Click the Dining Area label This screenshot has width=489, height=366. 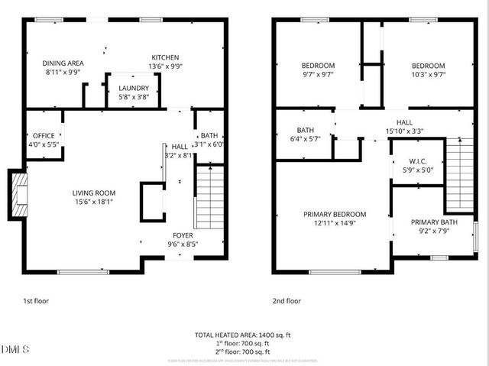tap(63, 63)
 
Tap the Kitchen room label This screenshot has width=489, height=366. tap(165, 57)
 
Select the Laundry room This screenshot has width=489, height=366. tap(134, 89)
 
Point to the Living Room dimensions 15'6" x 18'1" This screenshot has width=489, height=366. tap(93, 202)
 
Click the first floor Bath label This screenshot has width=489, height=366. tap(209, 135)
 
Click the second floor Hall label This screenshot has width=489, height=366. tap(405, 122)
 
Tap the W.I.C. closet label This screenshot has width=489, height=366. tap(417, 160)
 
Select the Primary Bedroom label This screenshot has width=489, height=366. tap(335, 215)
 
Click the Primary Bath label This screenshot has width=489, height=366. tap(433, 222)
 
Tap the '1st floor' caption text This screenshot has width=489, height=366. tap(35, 301)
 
